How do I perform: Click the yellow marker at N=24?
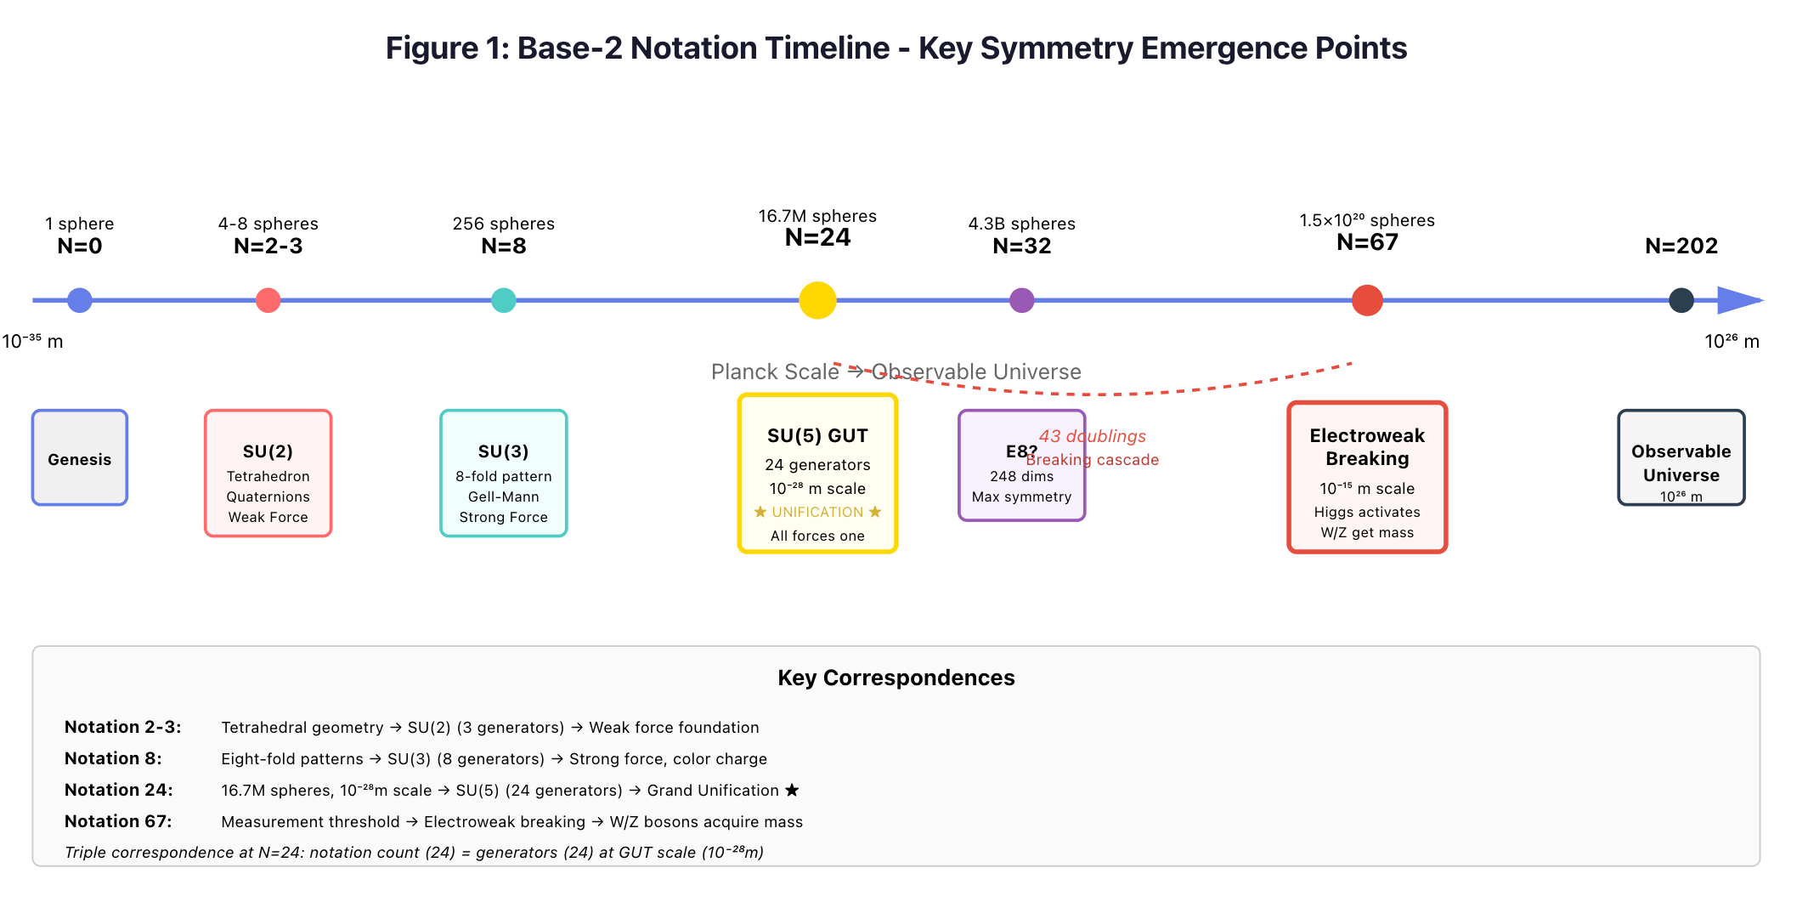pyautogui.click(x=817, y=300)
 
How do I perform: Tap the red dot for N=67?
pyautogui.click(x=1367, y=300)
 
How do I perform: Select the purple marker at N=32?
pyautogui.click(x=1021, y=300)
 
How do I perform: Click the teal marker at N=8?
pyautogui.click(x=504, y=300)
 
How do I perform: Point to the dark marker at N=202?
pyautogui.click(x=1681, y=300)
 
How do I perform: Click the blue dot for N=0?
pyautogui.click(x=80, y=300)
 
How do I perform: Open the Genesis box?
pyautogui.click(x=80, y=458)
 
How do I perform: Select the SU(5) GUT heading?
pyautogui.click(x=817, y=436)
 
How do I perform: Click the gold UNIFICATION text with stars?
pyautogui.click(x=817, y=512)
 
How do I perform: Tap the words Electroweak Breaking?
pyautogui.click(x=1367, y=447)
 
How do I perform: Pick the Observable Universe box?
pyautogui.click(x=1681, y=459)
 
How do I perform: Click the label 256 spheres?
pyautogui.click(x=504, y=224)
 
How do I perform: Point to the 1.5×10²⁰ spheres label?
pyautogui.click(x=1367, y=220)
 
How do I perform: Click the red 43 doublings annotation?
pyautogui.click(x=1093, y=436)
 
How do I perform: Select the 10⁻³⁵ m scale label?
pyautogui.click(x=32, y=342)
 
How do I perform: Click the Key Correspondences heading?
pyautogui.click(x=896, y=678)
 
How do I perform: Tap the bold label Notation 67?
pyautogui.click(x=118, y=821)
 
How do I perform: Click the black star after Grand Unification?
pyautogui.click(x=792, y=791)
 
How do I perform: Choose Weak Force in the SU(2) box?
pyautogui.click(x=268, y=517)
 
